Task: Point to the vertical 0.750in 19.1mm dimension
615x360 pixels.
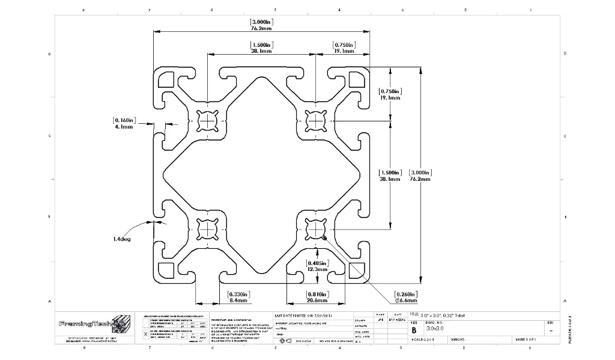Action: [x=389, y=94]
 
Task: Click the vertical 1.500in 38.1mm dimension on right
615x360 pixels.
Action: [x=389, y=175]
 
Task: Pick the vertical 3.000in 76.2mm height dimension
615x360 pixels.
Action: [x=420, y=175]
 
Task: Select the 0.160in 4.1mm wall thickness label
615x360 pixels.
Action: [x=124, y=124]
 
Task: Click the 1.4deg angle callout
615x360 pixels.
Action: [x=121, y=239]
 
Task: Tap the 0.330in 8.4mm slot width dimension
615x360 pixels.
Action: [x=239, y=297]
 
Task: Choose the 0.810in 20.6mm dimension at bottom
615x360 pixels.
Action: [x=317, y=297]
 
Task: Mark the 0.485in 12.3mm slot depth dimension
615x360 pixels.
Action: [x=317, y=267]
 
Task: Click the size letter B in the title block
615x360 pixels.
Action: [x=413, y=330]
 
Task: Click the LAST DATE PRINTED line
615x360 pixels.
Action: [x=305, y=316]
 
